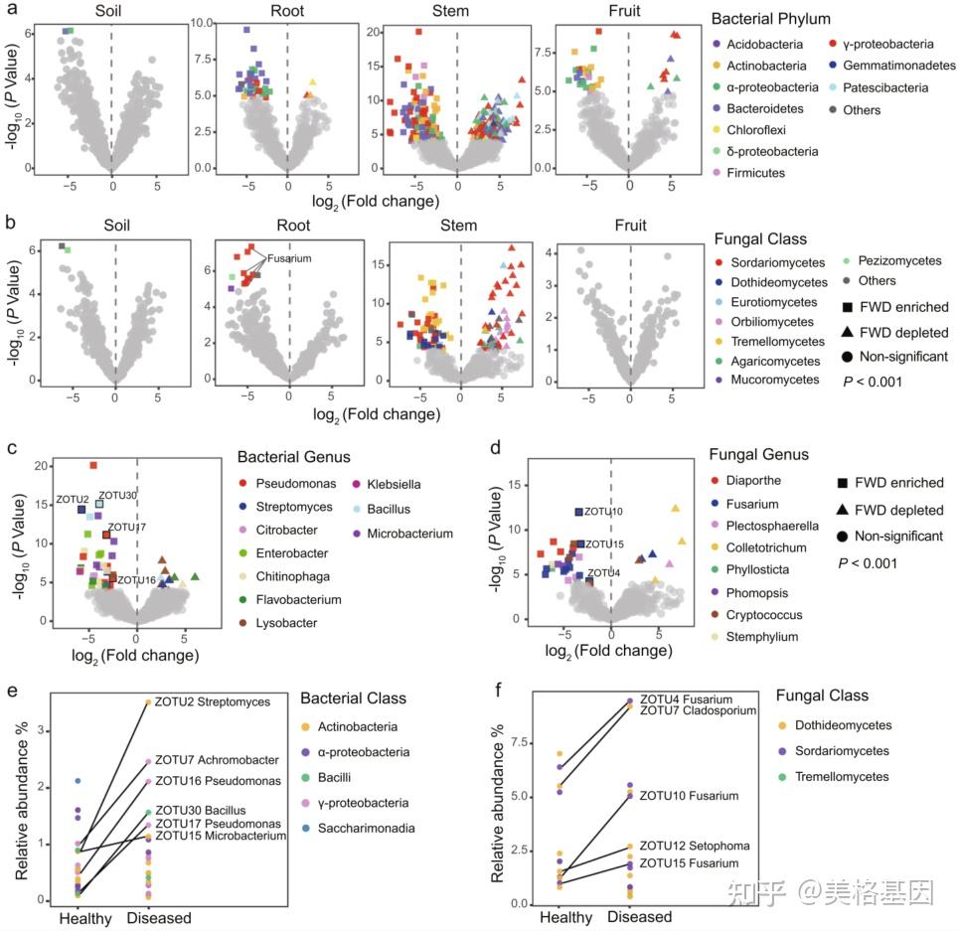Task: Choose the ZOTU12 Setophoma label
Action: coord(694,846)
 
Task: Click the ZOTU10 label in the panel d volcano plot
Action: coord(603,512)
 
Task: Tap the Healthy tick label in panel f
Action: coord(544,917)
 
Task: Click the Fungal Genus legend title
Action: coord(761,455)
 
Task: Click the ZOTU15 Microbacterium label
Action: coord(221,836)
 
